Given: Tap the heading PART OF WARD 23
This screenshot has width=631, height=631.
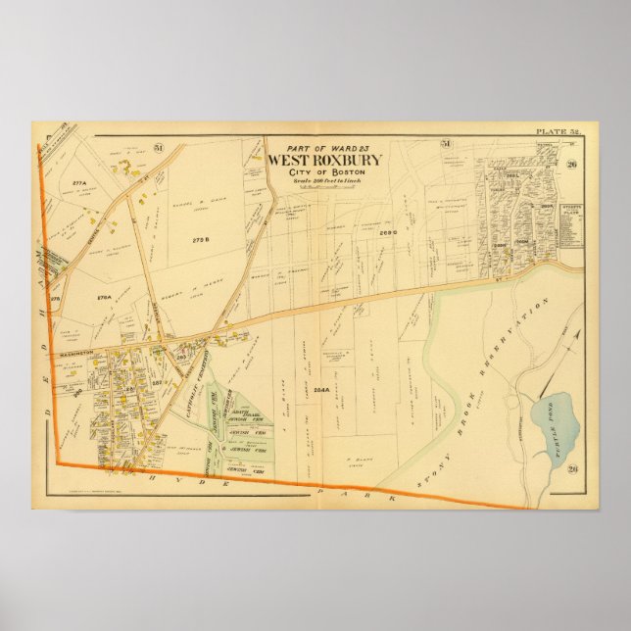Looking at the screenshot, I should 324,139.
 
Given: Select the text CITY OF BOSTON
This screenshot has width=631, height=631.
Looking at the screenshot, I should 323,173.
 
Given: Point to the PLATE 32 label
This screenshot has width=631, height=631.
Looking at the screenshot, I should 558,131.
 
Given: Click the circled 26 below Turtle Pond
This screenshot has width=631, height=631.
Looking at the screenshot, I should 573,468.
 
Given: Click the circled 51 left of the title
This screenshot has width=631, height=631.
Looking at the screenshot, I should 158,148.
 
